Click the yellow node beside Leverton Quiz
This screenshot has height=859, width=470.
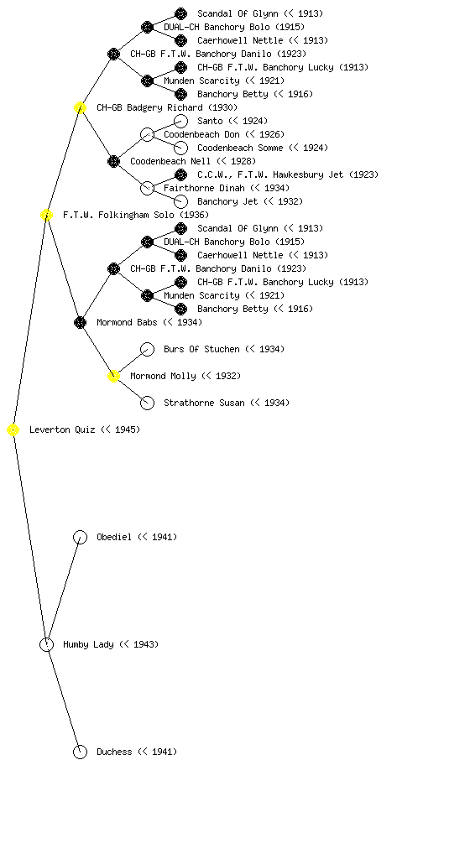(13, 430)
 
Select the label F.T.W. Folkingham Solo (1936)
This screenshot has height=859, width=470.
(136, 216)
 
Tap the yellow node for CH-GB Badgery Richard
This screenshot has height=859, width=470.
(80, 108)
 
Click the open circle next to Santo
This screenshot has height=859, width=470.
(180, 121)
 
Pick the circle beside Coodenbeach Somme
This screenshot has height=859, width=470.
(180, 148)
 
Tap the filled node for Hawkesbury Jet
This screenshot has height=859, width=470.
(180, 174)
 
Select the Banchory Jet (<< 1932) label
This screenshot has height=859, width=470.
(250, 201)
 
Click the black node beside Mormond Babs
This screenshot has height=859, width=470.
(80, 323)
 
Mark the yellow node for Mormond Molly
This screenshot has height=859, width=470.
(113, 377)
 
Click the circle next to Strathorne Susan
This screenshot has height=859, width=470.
(148, 403)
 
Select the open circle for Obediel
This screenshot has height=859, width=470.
(80, 538)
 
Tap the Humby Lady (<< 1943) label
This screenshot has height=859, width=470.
(111, 645)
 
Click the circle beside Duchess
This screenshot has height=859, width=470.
(80, 752)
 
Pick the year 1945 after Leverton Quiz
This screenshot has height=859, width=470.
(125, 430)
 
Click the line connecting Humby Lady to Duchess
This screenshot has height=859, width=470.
(64, 699)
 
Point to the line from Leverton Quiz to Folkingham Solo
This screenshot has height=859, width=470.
(30, 323)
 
